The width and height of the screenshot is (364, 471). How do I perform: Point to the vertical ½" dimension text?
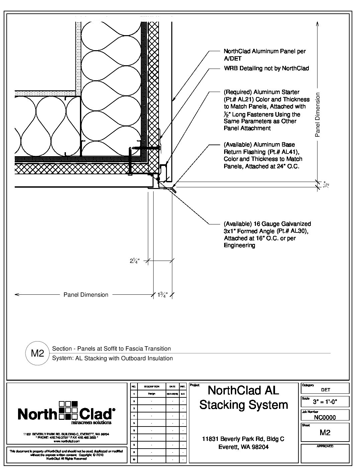pos(326,185)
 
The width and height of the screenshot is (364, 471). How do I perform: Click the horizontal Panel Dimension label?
pos(86,295)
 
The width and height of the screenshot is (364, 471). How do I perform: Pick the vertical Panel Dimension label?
pos(318,115)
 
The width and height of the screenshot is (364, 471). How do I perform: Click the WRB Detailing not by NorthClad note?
pos(266,68)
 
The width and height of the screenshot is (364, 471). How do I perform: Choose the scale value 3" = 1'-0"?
pos(325,401)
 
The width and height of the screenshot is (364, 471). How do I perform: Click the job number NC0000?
pos(325,417)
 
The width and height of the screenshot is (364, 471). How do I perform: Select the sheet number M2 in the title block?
pos(325,433)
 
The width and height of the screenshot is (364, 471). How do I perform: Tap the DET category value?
pos(325,390)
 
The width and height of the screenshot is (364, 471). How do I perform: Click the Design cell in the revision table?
pos(151,394)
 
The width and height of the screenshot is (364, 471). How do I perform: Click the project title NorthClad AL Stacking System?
pos(243,397)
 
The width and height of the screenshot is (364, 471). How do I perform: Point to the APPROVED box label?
pos(325,446)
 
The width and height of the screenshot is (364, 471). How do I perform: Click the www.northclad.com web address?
pos(66,441)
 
